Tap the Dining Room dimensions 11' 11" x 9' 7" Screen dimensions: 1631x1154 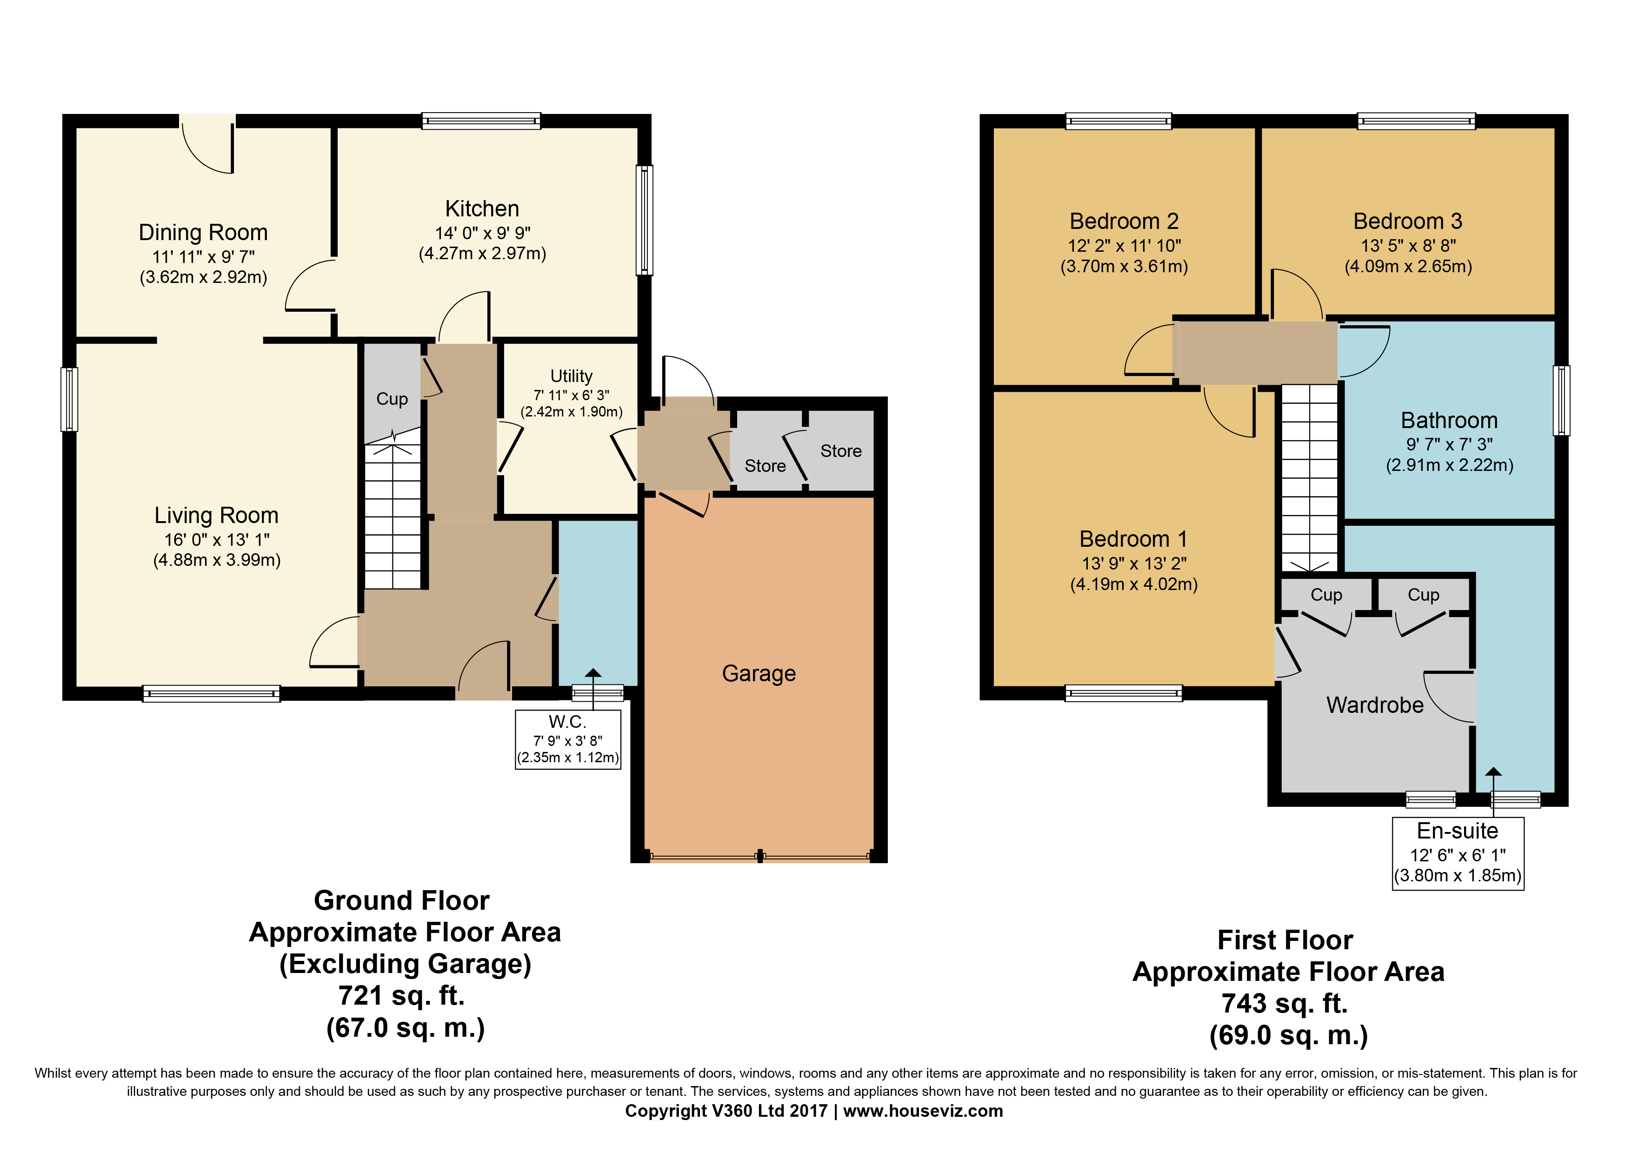point(203,256)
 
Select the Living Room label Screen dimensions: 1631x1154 point(217,515)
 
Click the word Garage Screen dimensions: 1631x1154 point(759,673)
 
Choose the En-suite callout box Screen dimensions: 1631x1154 point(1458,853)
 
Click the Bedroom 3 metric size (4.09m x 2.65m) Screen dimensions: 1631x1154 point(1408,267)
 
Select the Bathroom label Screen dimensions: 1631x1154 point(1449,420)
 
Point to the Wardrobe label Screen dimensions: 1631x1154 point(1375,705)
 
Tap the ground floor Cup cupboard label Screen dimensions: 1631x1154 point(392,399)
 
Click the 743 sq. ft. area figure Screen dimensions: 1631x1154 point(1285,1003)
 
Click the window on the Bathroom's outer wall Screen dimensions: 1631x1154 point(1561,400)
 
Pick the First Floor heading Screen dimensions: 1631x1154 point(1285,939)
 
